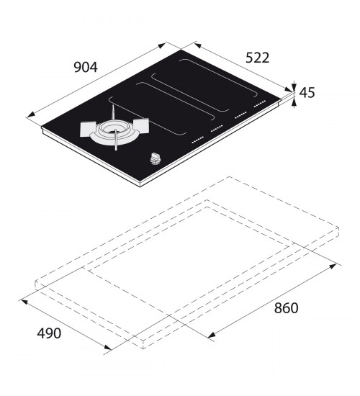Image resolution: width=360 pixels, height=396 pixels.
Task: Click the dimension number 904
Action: point(86,67)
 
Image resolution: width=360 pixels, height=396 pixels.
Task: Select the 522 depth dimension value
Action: point(258,58)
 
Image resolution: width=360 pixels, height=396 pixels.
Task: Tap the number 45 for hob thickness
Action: point(307,92)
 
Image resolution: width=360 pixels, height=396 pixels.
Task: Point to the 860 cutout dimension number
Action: point(287,308)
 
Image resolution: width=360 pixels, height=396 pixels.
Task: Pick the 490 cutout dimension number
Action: point(49,333)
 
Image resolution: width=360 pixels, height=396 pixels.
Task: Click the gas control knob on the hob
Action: point(154,159)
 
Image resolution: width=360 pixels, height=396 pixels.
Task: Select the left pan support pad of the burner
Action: point(88,129)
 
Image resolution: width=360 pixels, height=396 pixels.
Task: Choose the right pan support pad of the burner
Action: point(141,125)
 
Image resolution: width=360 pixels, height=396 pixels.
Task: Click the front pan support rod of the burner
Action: point(116,140)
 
